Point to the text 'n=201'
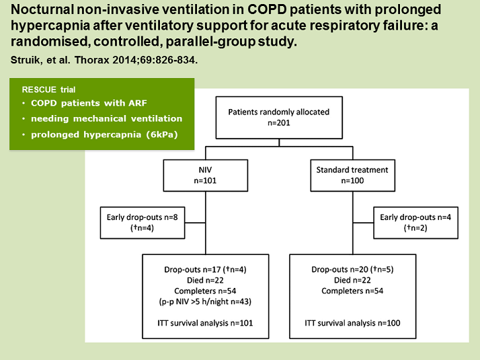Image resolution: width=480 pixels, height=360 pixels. coord(279,123)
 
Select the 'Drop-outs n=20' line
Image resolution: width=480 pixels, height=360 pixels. coord(352,270)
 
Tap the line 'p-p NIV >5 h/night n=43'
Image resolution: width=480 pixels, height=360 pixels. coord(205,301)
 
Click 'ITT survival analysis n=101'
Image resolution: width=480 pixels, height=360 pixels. coord(205,323)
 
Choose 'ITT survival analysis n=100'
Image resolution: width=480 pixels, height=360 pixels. coord(352,323)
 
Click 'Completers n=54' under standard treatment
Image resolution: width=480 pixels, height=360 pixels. coord(352,291)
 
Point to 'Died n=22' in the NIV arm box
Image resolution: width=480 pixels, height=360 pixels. coord(206,281)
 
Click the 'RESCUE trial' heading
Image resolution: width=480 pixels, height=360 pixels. coord(48,89)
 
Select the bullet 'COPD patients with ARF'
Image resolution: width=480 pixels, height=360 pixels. coord(89,103)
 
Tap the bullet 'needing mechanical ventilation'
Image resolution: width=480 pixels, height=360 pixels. coord(106,118)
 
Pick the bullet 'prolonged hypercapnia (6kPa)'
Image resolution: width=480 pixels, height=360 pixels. coord(104,135)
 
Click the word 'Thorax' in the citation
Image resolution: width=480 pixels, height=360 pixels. coord(92,60)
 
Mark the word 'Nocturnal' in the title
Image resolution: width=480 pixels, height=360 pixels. coord(42,10)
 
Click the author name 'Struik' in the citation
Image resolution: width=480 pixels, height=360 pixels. coord(26,60)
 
